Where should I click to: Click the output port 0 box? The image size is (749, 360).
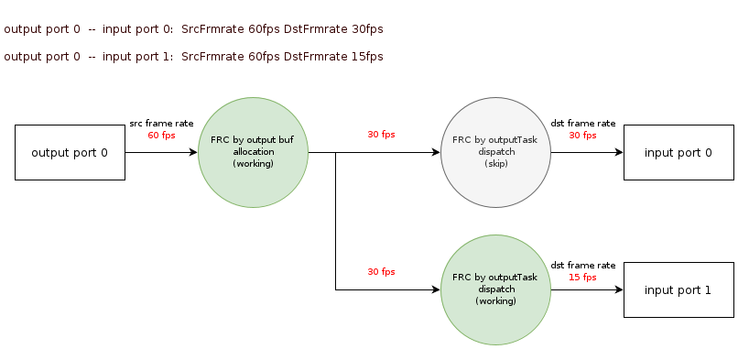coord(70,152)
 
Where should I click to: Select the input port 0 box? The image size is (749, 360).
coord(678,152)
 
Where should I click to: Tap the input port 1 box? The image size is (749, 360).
coord(678,289)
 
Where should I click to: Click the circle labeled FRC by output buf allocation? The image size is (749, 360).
coord(253,152)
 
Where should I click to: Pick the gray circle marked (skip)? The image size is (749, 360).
coord(496,152)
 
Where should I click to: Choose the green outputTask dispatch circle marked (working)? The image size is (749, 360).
coord(496,289)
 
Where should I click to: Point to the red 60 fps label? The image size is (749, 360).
coord(161,136)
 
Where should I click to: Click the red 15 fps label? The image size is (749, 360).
coord(582,278)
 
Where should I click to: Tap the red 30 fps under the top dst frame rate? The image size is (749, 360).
coord(582,136)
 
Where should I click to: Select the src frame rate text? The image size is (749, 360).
coord(161,124)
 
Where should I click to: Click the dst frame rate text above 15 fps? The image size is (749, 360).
coord(582,266)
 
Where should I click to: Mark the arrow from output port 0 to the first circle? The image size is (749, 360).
coord(161,152)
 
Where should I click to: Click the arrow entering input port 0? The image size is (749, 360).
coord(588,152)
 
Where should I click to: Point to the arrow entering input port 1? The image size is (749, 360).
coord(588,289)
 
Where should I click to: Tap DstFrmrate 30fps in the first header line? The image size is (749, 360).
coord(333,29)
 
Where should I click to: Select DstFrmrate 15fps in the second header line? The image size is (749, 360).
coord(333,57)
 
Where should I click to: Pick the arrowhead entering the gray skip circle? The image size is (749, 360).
coord(436,152)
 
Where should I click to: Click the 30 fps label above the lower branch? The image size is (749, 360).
coord(381,271)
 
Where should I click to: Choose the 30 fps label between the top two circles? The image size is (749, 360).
coord(381,135)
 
